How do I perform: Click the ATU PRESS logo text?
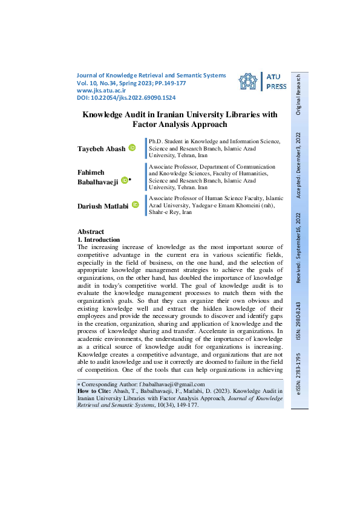[277, 82]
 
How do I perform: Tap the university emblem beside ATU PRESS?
[247, 83]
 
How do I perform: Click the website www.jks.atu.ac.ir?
[100, 90]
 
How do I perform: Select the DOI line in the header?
[126, 97]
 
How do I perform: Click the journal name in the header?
[151, 76]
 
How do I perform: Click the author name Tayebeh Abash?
[100, 149]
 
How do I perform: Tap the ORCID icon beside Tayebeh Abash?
[132, 148]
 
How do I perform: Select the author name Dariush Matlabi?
[102, 206]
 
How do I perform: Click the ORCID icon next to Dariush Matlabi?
[136, 206]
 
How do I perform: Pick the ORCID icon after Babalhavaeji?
[124, 180]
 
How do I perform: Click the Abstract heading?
[91, 232]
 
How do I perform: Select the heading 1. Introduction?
[99, 240]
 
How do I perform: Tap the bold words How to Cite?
[93, 392]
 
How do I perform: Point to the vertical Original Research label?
[298, 94]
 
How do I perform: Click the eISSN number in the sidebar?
[298, 374]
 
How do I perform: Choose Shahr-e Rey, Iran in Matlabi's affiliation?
[171, 213]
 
